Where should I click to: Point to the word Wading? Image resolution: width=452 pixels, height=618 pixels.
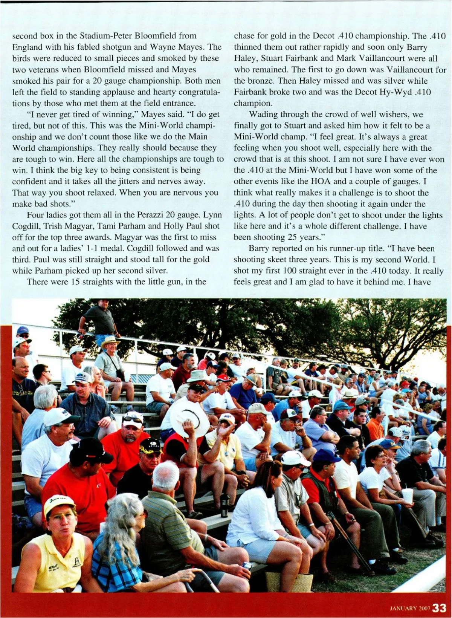[263, 115]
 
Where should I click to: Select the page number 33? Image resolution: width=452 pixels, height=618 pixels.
[439, 608]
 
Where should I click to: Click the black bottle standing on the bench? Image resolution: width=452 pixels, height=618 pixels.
[225, 505]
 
